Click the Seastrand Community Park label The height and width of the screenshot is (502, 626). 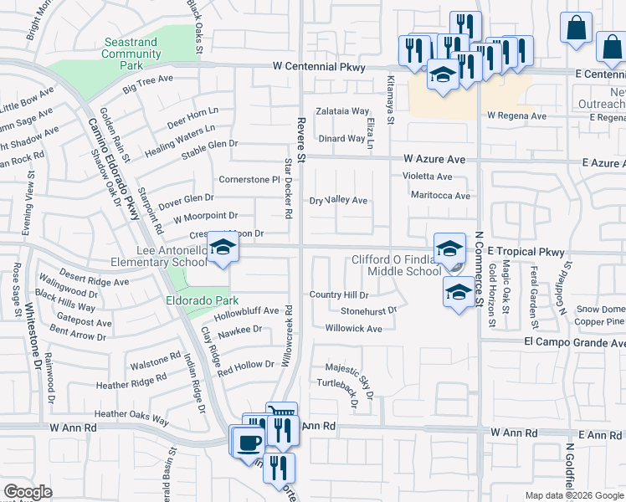click(131, 54)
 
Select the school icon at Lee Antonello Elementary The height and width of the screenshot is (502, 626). click(223, 248)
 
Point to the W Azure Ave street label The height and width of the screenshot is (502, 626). click(434, 158)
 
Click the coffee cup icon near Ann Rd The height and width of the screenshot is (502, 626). click(249, 441)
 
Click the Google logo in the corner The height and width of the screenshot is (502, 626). click(28, 492)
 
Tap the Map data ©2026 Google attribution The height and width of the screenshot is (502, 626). click(574, 495)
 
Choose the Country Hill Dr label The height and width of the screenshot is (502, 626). click(339, 295)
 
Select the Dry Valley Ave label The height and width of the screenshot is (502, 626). click(339, 201)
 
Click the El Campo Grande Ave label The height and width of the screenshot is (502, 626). click(574, 343)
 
